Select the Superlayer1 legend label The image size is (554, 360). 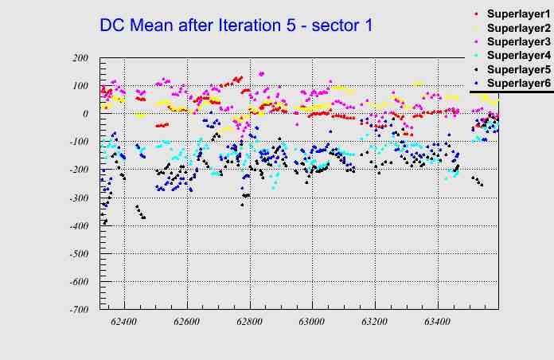[518, 15]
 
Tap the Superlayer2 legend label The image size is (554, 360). [518, 29]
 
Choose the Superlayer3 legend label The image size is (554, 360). [518, 41]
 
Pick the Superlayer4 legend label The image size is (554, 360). [518, 56]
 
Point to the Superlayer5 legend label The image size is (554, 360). [518, 69]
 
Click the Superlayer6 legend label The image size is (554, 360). [518, 83]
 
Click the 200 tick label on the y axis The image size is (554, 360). [80, 58]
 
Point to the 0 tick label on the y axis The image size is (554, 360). [85, 114]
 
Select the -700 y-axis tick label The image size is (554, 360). [78, 310]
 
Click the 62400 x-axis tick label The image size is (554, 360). [123, 323]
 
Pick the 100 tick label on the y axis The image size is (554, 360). [80, 86]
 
